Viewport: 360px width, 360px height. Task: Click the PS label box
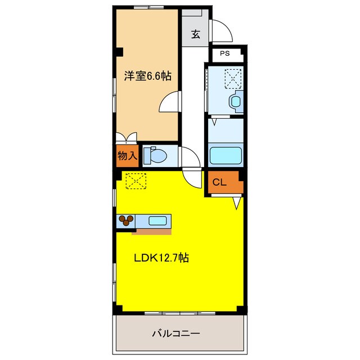coord(225,54)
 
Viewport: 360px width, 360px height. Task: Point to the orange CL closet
coord(220,182)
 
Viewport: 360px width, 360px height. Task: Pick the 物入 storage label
coord(127,155)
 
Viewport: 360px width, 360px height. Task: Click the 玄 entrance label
coord(195,34)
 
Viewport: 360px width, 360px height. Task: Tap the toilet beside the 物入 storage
coord(154,156)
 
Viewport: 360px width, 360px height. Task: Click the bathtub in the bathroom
coord(225,155)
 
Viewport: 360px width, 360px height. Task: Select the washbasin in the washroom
coord(235,102)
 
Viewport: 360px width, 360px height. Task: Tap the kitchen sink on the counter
coord(157,220)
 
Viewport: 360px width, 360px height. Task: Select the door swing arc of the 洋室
coord(169,102)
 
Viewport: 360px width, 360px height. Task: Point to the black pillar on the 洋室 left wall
coord(120,52)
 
